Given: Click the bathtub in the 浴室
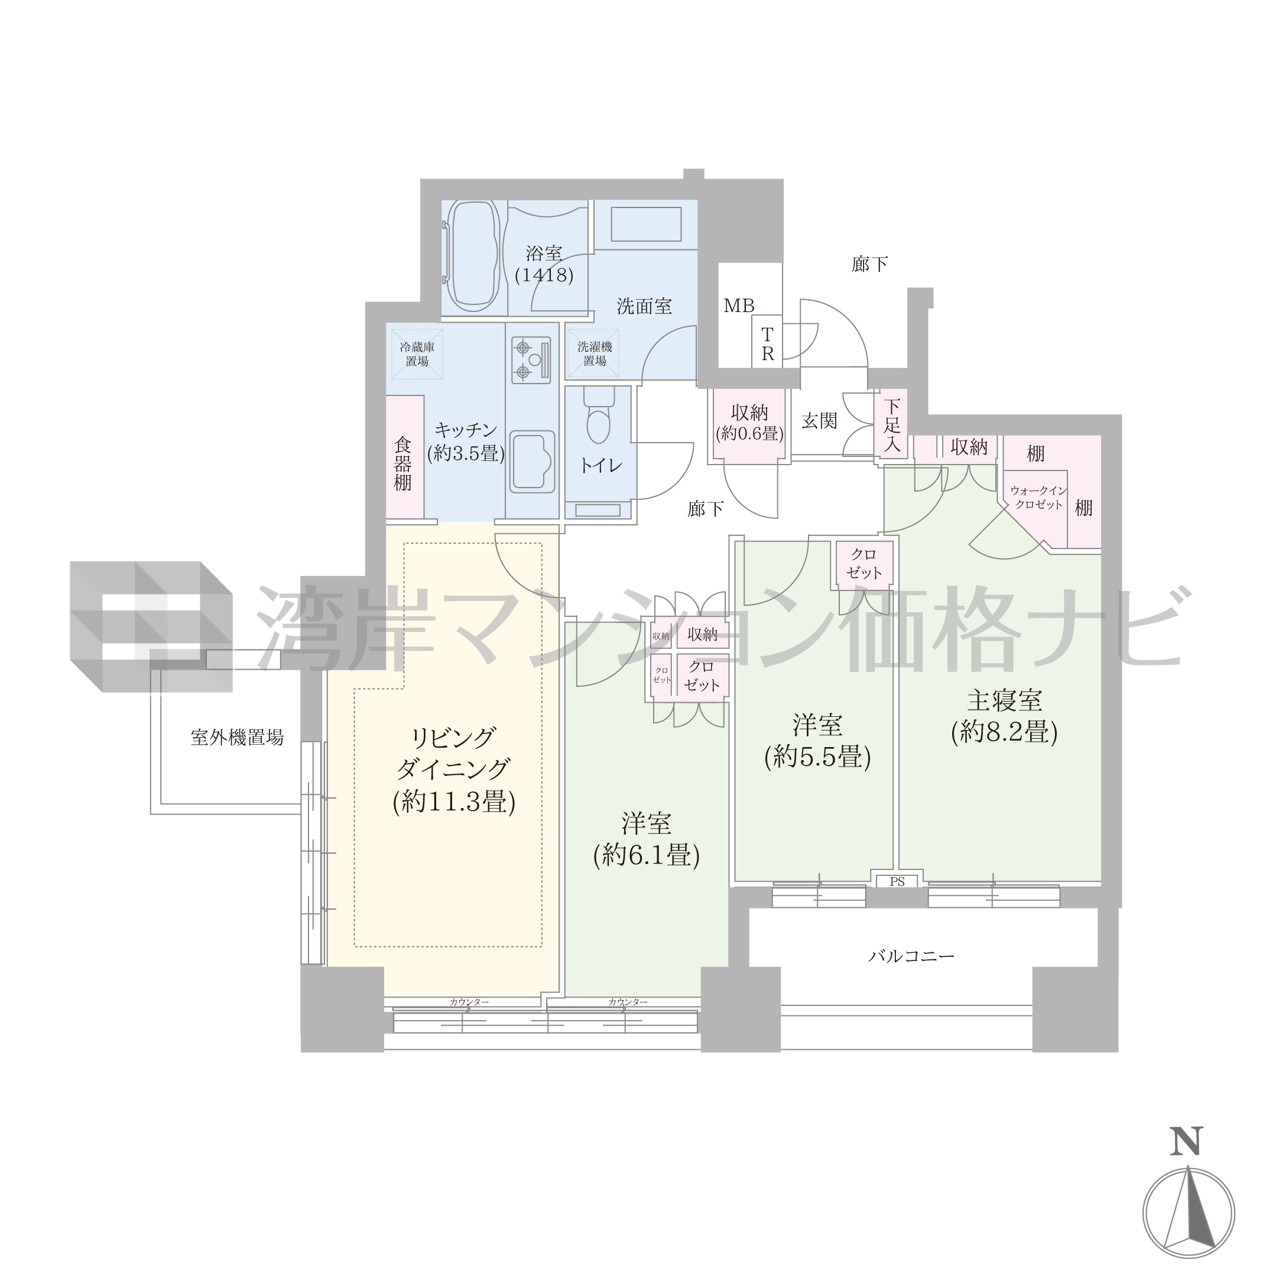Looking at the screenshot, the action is pyautogui.click(x=472, y=257).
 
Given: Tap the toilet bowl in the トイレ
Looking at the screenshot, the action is pyautogui.click(x=599, y=417).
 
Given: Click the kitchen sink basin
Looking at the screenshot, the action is pyautogui.click(x=532, y=462).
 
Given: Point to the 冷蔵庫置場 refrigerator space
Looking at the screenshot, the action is pyautogui.click(x=417, y=354).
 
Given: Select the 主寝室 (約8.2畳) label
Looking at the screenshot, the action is pyautogui.click(x=1004, y=717).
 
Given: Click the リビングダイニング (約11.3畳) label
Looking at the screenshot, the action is pyautogui.click(x=453, y=770).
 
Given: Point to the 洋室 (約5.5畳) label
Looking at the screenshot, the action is pyautogui.click(x=817, y=742).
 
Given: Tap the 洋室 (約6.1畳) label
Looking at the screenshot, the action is pyautogui.click(x=646, y=840).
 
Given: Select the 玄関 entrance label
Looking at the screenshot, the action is pyautogui.click(x=819, y=421).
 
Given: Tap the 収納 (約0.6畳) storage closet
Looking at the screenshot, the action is pyautogui.click(x=749, y=427).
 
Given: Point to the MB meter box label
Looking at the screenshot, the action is pyautogui.click(x=739, y=306).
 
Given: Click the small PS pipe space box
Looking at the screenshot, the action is pyautogui.click(x=897, y=881).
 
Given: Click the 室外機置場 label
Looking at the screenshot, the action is pyautogui.click(x=237, y=738).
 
